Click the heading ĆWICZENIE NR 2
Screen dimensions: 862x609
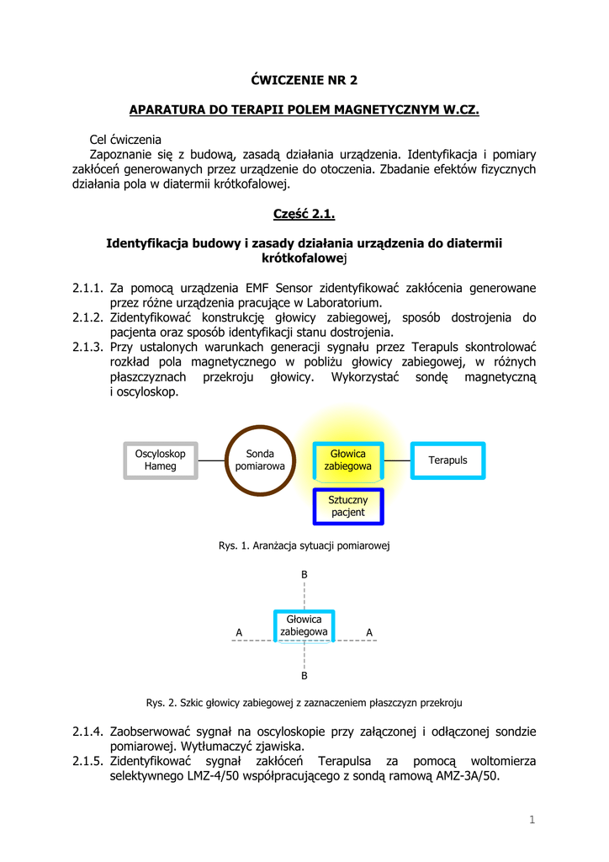pos(304,80)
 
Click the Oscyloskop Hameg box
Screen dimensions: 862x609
pos(161,460)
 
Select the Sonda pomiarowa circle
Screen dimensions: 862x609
pos(260,460)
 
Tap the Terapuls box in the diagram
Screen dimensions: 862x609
pos(447,460)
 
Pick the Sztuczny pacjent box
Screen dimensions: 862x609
pos(348,506)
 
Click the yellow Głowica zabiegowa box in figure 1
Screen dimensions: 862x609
pos(348,460)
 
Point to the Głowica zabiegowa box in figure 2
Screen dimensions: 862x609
pos(304,625)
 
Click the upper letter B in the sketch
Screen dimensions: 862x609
pos(304,574)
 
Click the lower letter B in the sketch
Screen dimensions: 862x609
pos(304,676)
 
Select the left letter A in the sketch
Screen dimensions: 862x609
pos(239,632)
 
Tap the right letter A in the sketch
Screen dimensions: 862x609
pos(369,632)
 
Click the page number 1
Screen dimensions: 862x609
pos(532,820)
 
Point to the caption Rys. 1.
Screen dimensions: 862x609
pos(304,546)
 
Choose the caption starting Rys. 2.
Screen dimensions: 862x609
pos(304,702)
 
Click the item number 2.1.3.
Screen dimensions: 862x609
pos(87,347)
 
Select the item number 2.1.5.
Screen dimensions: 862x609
pos(87,761)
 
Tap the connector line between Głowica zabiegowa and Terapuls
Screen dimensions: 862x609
pos(397,460)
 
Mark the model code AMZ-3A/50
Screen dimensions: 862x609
pos(462,776)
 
